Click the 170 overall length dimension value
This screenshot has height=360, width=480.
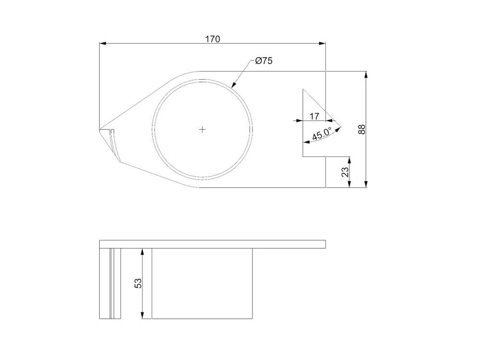pos(213,39)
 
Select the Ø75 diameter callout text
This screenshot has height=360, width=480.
pos(264,61)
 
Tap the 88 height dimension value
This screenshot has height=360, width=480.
pos(362,129)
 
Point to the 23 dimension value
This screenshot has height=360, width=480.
pos(345,172)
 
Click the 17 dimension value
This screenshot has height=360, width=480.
pos(314,116)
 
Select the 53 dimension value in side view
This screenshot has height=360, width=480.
pos(138,283)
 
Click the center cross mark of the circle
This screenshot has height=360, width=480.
pos(203,129)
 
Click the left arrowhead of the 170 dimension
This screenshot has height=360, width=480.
pos(102,43)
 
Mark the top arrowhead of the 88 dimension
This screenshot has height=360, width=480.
pos(366,74)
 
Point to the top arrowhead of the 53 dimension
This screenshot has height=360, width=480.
pos(143,251)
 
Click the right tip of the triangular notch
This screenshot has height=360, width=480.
pos(341,128)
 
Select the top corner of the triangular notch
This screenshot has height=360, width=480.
pos(302,89)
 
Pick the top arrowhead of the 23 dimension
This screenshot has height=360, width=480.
pos(349,159)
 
